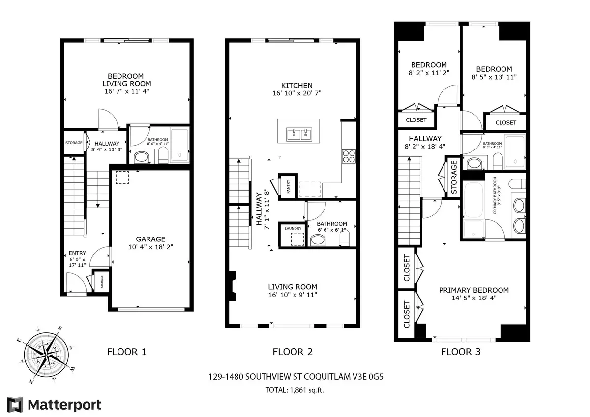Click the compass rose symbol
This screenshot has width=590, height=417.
pos(47,355)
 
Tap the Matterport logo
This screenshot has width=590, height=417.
pos(57,405)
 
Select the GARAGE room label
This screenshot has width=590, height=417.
pos(151,239)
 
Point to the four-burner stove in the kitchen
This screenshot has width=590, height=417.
pos(349,155)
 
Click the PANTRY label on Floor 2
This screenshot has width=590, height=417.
pos(288,186)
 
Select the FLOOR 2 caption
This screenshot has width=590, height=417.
pos(293,352)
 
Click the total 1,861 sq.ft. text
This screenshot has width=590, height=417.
pos(295,390)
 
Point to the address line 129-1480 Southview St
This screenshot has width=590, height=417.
pos(295,378)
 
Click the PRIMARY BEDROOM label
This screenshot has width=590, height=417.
pos(473,290)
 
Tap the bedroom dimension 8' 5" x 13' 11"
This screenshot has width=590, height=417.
pos(494,77)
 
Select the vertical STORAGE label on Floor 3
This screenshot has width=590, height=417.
pos(454,176)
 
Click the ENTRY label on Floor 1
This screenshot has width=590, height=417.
pos(78,253)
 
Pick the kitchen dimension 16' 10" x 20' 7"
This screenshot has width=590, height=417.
pos(296,93)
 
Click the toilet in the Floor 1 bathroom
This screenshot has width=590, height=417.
pos(163,156)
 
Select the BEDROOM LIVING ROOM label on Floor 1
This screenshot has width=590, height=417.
pos(126,80)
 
